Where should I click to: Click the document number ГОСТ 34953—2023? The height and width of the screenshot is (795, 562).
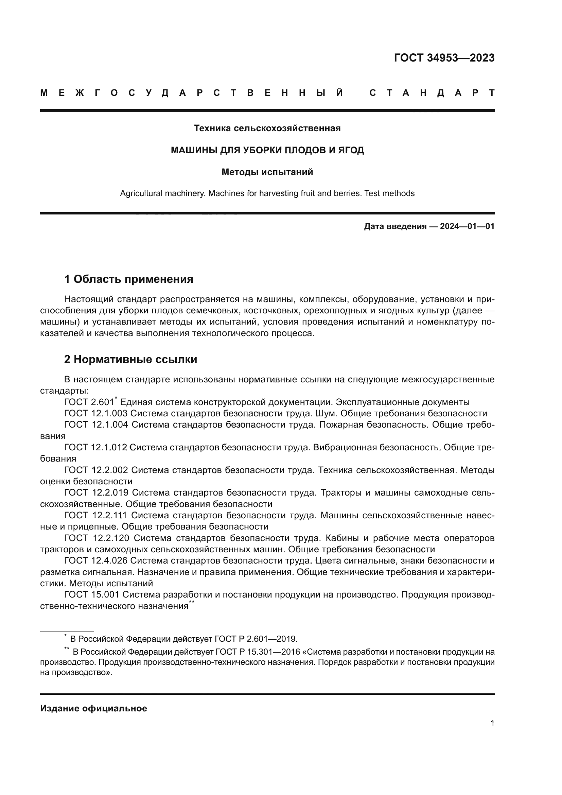coord(444,58)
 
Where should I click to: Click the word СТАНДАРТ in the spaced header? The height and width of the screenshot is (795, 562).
coord(432,93)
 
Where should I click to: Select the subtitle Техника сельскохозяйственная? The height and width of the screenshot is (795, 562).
coord(267,128)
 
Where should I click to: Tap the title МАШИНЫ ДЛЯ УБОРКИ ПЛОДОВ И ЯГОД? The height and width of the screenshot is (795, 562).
coord(267,150)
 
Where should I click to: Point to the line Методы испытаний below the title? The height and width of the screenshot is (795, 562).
coord(267,172)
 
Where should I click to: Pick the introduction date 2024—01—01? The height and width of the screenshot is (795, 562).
coord(467,226)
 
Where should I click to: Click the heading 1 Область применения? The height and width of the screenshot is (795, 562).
coord(128,279)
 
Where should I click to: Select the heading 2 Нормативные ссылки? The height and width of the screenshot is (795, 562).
coord(130,359)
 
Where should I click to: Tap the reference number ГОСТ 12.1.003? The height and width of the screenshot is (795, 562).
coord(96,413)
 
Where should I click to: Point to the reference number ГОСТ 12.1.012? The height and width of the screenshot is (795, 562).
coord(96,447)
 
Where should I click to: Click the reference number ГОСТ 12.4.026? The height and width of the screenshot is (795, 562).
coord(96,560)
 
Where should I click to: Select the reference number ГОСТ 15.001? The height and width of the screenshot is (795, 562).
coord(92,594)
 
